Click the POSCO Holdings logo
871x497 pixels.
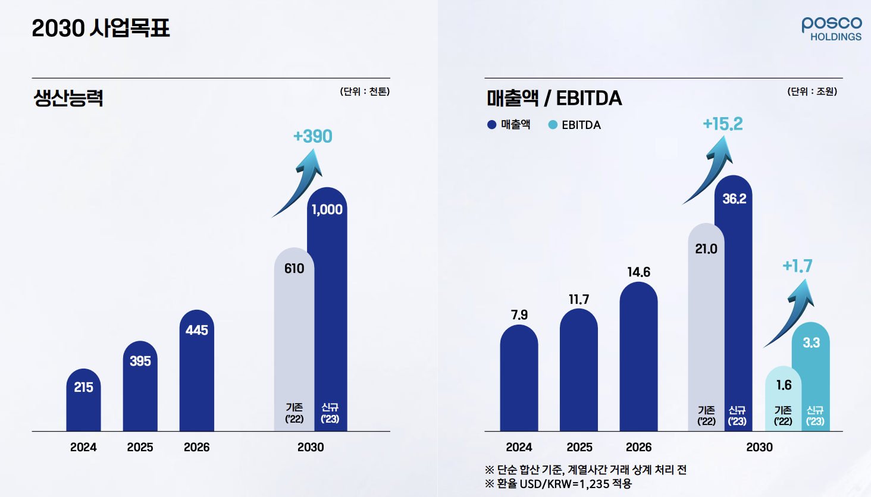coord(831,29)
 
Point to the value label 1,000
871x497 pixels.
coord(327,209)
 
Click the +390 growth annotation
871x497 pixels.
coord(312,136)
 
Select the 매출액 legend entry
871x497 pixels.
coord(509,125)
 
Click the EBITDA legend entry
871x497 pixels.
coord(575,125)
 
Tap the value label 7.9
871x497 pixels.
coord(519,314)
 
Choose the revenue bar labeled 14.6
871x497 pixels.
coord(638,357)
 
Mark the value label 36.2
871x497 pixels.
coord(734,199)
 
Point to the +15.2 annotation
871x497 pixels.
coord(722,124)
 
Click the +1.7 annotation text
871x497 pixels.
coord(797,266)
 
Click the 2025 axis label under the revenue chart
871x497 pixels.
coord(579,447)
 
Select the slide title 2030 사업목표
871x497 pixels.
coord(101,28)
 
